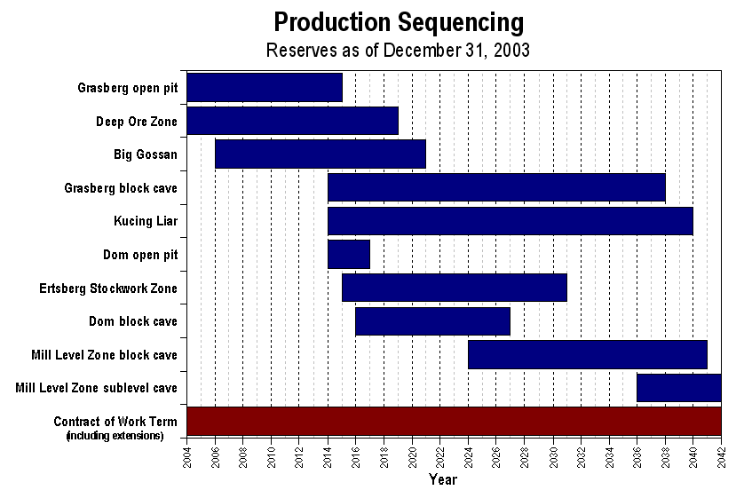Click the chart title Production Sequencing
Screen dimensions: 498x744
pyautogui.click(x=398, y=22)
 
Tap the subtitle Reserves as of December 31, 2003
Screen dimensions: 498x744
pyautogui.click(x=398, y=50)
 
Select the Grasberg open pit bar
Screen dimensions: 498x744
pyautogui.click(x=265, y=87)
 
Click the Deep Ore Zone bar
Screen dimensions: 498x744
pyautogui.click(x=292, y=121)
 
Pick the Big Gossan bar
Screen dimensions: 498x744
pyautogui.click(x=321, y=154)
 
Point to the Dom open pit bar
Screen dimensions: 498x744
pyautogui.click(x=349, y=254)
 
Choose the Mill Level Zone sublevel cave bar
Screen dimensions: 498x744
pyautogui.click(x=678, y=388)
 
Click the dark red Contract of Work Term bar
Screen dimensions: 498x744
pyautogui.click(x=454, y=421)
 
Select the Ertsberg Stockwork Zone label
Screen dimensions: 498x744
pyautogui.click(x=108, y=289)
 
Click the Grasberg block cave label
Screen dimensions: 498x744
pyautogui.click(x=121, y=188)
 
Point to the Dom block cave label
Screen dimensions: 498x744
pyautogui.click(x=133, y=321)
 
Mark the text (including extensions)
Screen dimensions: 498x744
pyautogui.click(x=115, y=436)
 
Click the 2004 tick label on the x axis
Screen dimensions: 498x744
pyautogui.click(x=187, y=459)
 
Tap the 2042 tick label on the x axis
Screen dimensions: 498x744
pyautogui.click(x=721, y=459)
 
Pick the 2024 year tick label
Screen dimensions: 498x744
pyautogui.click(x=468, y=459)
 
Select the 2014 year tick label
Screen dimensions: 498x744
pyautogui.click(x=328, y=459)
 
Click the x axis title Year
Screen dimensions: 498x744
pyautogui.click(x=442, y=480)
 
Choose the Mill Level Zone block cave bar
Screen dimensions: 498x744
pyautogui.click(x=588, y=354)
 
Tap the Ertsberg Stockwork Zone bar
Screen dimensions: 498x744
pyautogui.click(x=454, y=288)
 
